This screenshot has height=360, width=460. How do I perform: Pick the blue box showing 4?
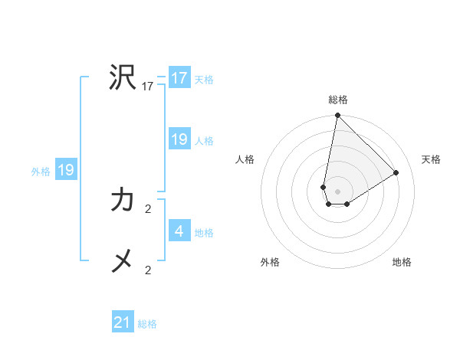tap(179, 231)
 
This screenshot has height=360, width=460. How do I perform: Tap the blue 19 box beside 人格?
tap(179, 139)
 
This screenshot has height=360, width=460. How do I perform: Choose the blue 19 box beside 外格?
tap(66, 170)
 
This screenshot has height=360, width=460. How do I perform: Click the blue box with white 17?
tap(179, 78)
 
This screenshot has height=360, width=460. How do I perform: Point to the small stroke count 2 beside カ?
tap(148, 208)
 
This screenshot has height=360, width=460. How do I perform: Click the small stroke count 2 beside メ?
tap(148, 270)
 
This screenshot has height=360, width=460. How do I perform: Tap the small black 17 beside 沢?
tap(148, 87)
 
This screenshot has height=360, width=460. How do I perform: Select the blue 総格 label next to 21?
tap(147, 324)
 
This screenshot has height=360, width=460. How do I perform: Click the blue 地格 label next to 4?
tap(204, 232)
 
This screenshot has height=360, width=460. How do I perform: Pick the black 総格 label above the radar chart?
tap(338, 100)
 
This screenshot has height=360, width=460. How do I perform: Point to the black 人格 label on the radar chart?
tap(245, 159)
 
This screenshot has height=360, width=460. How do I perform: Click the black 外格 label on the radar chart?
tap(270, 262)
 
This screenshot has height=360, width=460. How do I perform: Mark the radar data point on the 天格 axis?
tap(396, 173)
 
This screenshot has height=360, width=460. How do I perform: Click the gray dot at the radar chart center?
tap(338, 191)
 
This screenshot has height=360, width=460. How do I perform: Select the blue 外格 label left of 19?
tap(41, 172)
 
